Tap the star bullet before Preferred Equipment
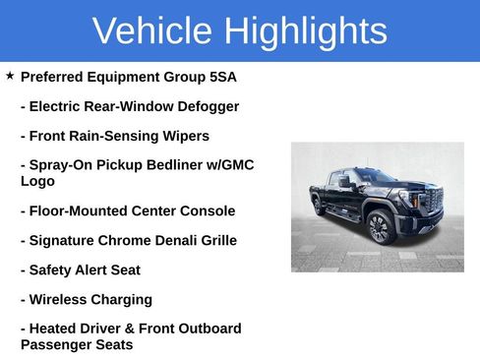10,76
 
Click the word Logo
37,181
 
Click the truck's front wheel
379,228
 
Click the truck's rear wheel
319,207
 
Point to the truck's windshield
376,177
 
